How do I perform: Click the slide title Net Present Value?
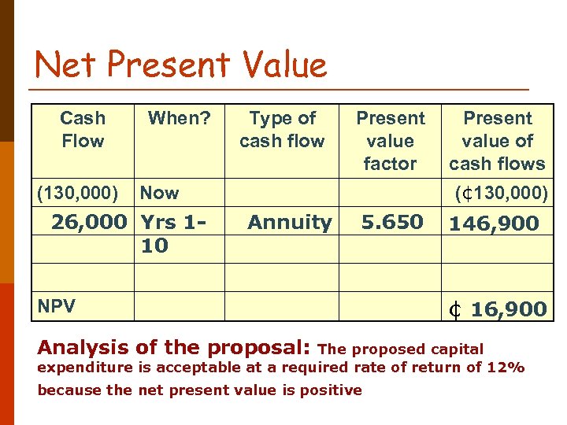(181, 64)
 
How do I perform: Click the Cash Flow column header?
(82, 130)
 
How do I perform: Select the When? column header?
(180, 119)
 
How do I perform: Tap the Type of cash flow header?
(282, 130)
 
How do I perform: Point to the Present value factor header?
(390, 141)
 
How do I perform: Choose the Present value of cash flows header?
(497, 141)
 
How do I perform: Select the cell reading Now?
(159, 193)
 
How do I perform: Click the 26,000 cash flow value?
(88, 223)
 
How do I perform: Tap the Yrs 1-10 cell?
(169, 234)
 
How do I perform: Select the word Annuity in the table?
(289, 223)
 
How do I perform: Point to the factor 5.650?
(391, 223)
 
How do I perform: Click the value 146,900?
(494, 224)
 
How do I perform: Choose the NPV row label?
(56, 307)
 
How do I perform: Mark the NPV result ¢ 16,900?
(498, 309)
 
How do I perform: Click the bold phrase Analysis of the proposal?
(174, 347)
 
